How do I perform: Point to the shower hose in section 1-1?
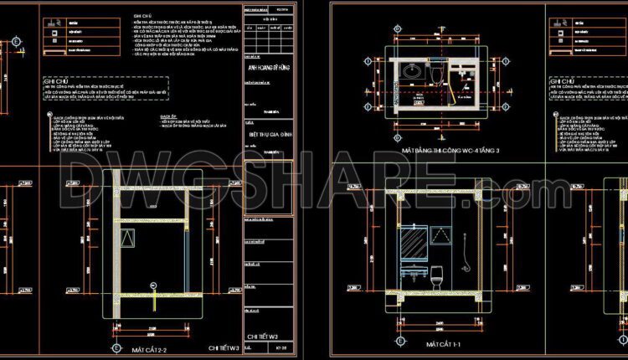465,251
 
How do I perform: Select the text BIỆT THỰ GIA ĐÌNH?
270,131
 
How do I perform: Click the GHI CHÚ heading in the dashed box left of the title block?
58,82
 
